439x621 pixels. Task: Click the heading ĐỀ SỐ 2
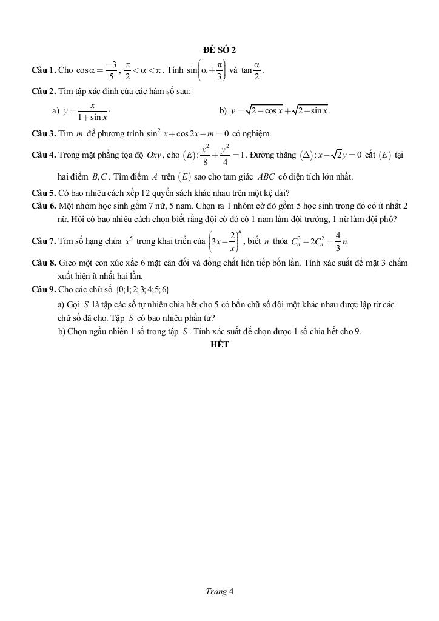coord(219,49)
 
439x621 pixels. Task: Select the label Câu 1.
coord(44,70)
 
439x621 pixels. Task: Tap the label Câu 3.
coord(44,133)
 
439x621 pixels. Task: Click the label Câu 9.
coord(44,289)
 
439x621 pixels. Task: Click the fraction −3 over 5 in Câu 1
coord(111,70)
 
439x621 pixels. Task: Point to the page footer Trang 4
coord(219,591)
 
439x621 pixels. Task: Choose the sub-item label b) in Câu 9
coord(62,331)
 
